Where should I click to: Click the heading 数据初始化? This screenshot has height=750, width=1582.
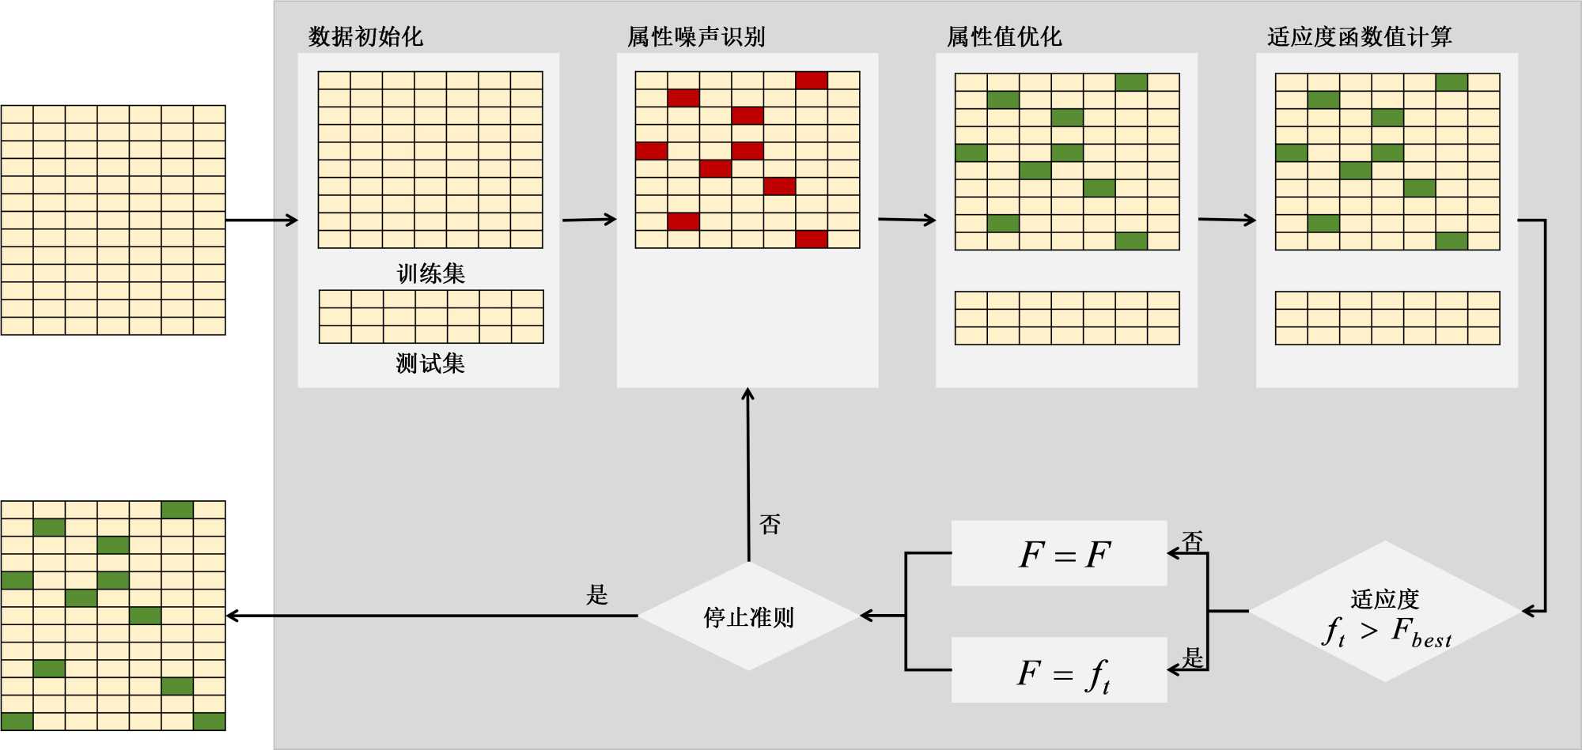[365, 36]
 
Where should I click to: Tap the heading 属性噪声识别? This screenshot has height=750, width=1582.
[696, 36]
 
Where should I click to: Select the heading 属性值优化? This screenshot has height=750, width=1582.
[1004, 36]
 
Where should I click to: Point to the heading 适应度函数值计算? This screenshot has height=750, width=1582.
[1359, 36]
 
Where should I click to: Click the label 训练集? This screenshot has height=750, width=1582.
[431, 273]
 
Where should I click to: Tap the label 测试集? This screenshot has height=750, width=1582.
[431, 364]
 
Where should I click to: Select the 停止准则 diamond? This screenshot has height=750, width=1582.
[748, 616]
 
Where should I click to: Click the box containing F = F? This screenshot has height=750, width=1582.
[1058, 553]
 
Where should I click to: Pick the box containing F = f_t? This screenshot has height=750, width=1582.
[1058, 670]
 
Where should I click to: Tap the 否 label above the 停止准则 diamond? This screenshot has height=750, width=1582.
[770, 524]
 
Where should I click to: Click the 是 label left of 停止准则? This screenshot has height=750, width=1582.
[597, 594]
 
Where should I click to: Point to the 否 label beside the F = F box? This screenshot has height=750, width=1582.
[1192, 541]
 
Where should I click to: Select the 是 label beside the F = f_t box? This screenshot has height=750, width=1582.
[1192, 657]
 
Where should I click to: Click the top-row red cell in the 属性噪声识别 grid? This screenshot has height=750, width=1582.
[812, 80]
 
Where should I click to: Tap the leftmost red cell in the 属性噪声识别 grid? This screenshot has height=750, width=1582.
[651, 150]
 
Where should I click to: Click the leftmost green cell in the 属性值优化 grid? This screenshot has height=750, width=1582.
[971, 153]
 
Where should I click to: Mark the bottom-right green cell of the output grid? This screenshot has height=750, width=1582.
[209, 721]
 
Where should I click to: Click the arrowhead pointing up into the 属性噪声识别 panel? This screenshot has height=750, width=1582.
[748, 394]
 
